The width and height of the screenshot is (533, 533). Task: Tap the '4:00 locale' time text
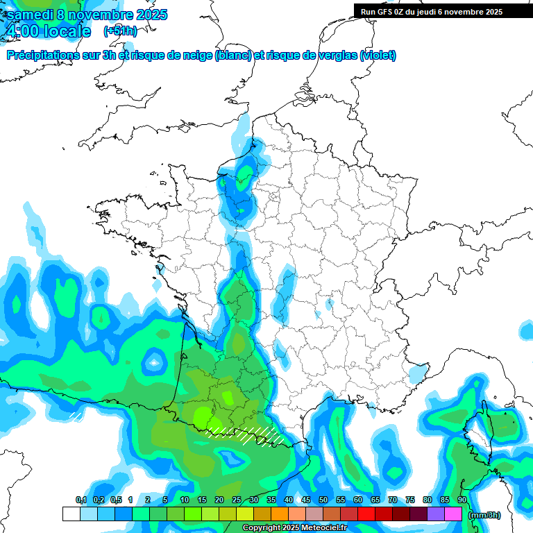pyautogui.click(x=48, y=31)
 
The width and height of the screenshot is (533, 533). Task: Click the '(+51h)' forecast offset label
pyautogui.click(x=120, y=31)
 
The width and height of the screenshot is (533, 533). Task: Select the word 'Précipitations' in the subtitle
pyautogui.click(x=44, y=56)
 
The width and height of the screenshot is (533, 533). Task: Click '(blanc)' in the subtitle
pyautogui.click(x=233, y=56)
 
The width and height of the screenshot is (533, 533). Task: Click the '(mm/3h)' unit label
pyautogui.click(x=484, y=515)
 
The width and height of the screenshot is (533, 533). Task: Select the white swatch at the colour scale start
pyautogui.click(x=71, y=514)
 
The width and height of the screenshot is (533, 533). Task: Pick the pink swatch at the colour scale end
pyautogui.click(x=453, y=514)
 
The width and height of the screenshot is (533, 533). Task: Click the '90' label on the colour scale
pyautogui.click(x=462, y=500)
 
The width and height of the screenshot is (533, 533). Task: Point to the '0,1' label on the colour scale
pyautogui.click(x=81, y=500)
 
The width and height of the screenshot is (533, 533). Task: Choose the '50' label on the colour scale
pyautogui.click(x=323, y=500)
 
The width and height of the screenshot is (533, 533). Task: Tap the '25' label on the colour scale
pyautogui.click(x=236, y=500)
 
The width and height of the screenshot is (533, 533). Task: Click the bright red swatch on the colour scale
pyautogui.click(x=366, y=514)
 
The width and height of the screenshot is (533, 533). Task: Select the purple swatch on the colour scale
pyautogui.click(x=436, y=514)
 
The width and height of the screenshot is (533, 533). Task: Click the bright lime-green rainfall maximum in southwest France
pyautogui.click(x=202, y=418)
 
